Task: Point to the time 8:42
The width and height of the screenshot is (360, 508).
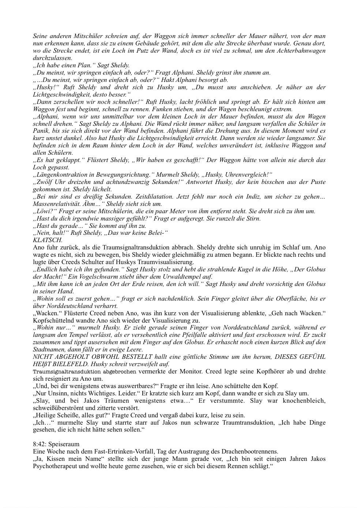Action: point(39,444)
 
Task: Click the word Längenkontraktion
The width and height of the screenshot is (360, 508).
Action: point(60,175)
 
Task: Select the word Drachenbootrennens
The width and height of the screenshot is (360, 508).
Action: point(249,451)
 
